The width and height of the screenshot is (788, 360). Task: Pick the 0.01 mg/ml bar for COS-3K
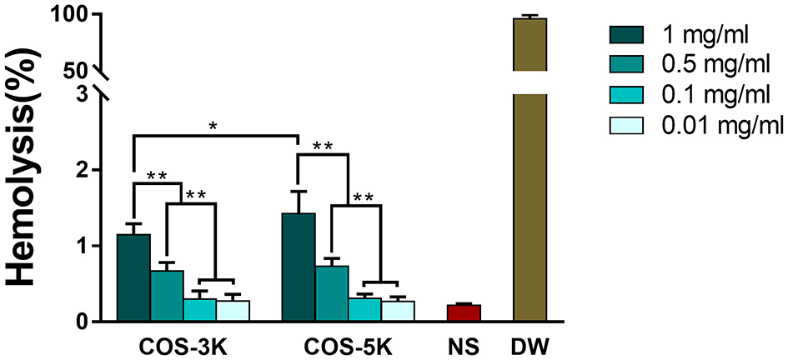[232, 311]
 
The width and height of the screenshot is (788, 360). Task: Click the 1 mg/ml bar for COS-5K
[299, 267]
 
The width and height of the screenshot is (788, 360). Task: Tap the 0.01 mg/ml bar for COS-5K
[397, 311]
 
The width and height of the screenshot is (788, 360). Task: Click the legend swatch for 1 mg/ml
[630, 34]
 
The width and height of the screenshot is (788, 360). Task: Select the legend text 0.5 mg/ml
[705, 65]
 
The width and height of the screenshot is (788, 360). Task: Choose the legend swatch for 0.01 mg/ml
[630, 126]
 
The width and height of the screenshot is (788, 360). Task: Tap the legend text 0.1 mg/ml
[705, 95]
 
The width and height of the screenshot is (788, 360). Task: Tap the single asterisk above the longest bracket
[214, 127]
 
